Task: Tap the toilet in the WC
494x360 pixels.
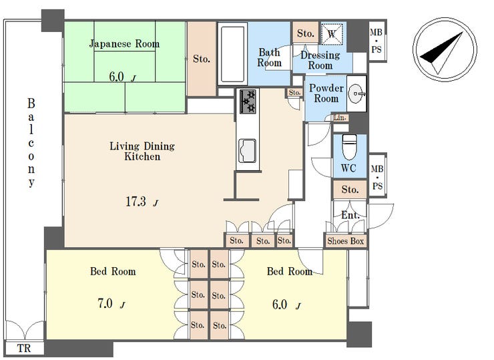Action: (x=349, y=147)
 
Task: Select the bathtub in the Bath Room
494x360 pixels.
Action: (x=233, y=54)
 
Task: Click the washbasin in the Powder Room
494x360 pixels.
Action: (x=357, y=94)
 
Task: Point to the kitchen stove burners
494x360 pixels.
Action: (x=248, y=101)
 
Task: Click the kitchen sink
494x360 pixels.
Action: (x=247, y=151)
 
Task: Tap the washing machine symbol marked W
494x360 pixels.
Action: (x=332, y=34)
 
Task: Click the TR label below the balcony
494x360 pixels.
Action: (x=24, y=349)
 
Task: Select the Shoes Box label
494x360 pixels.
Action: (x=346, y=241)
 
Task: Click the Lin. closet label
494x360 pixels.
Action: (x=340, y=118)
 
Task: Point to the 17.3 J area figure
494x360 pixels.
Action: (x=142, y=202)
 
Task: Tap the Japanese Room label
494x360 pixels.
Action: (x=124, y=44)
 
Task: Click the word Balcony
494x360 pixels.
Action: (x=31, y=143)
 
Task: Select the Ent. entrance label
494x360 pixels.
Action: (x=350, y=215)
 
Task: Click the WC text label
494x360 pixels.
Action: (x=348, y=168)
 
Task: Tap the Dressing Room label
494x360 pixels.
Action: (x=320, y=60)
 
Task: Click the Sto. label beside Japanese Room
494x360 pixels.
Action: (x=202, y=59)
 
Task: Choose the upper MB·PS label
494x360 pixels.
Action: (x=376, y=41)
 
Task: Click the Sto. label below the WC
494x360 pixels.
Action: (x=350, y=190)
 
